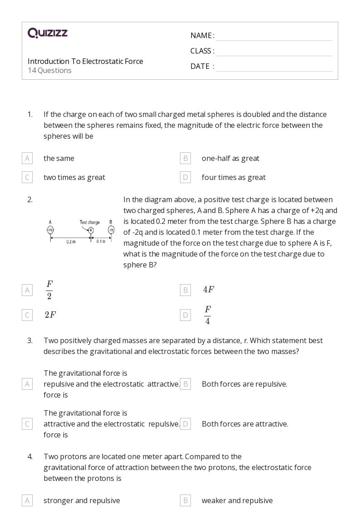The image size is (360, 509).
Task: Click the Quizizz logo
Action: tap(48, 33)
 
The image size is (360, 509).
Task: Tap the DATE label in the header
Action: tap(200, 66)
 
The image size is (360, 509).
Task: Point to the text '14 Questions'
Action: tap(49, 70)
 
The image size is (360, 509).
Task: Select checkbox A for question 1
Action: tap(27, 158)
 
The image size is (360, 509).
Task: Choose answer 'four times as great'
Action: tap(234, 177)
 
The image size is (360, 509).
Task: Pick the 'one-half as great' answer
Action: tap(230, 158)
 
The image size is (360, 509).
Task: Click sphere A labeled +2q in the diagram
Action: tap(50, 230)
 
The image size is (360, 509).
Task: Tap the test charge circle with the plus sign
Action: tap(91, 230)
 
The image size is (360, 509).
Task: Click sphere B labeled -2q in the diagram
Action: tap(111, 230)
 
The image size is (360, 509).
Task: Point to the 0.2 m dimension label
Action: tap(71, 242)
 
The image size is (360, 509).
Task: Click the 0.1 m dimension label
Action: tap(101, 242)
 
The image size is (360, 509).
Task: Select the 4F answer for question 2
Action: tap(209, 290)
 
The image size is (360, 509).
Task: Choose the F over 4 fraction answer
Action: tap(207, 315)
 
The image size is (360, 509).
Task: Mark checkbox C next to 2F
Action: tap(27, 315)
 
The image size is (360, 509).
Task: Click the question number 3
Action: tap(30, 340)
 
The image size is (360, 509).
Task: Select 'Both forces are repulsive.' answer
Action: tap(244, 384)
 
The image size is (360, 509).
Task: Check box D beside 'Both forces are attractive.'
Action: tap(185, 424)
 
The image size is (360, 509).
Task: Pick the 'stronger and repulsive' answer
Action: tap(82, 500)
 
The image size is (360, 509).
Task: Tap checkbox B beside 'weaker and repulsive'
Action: tap(185, 500)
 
